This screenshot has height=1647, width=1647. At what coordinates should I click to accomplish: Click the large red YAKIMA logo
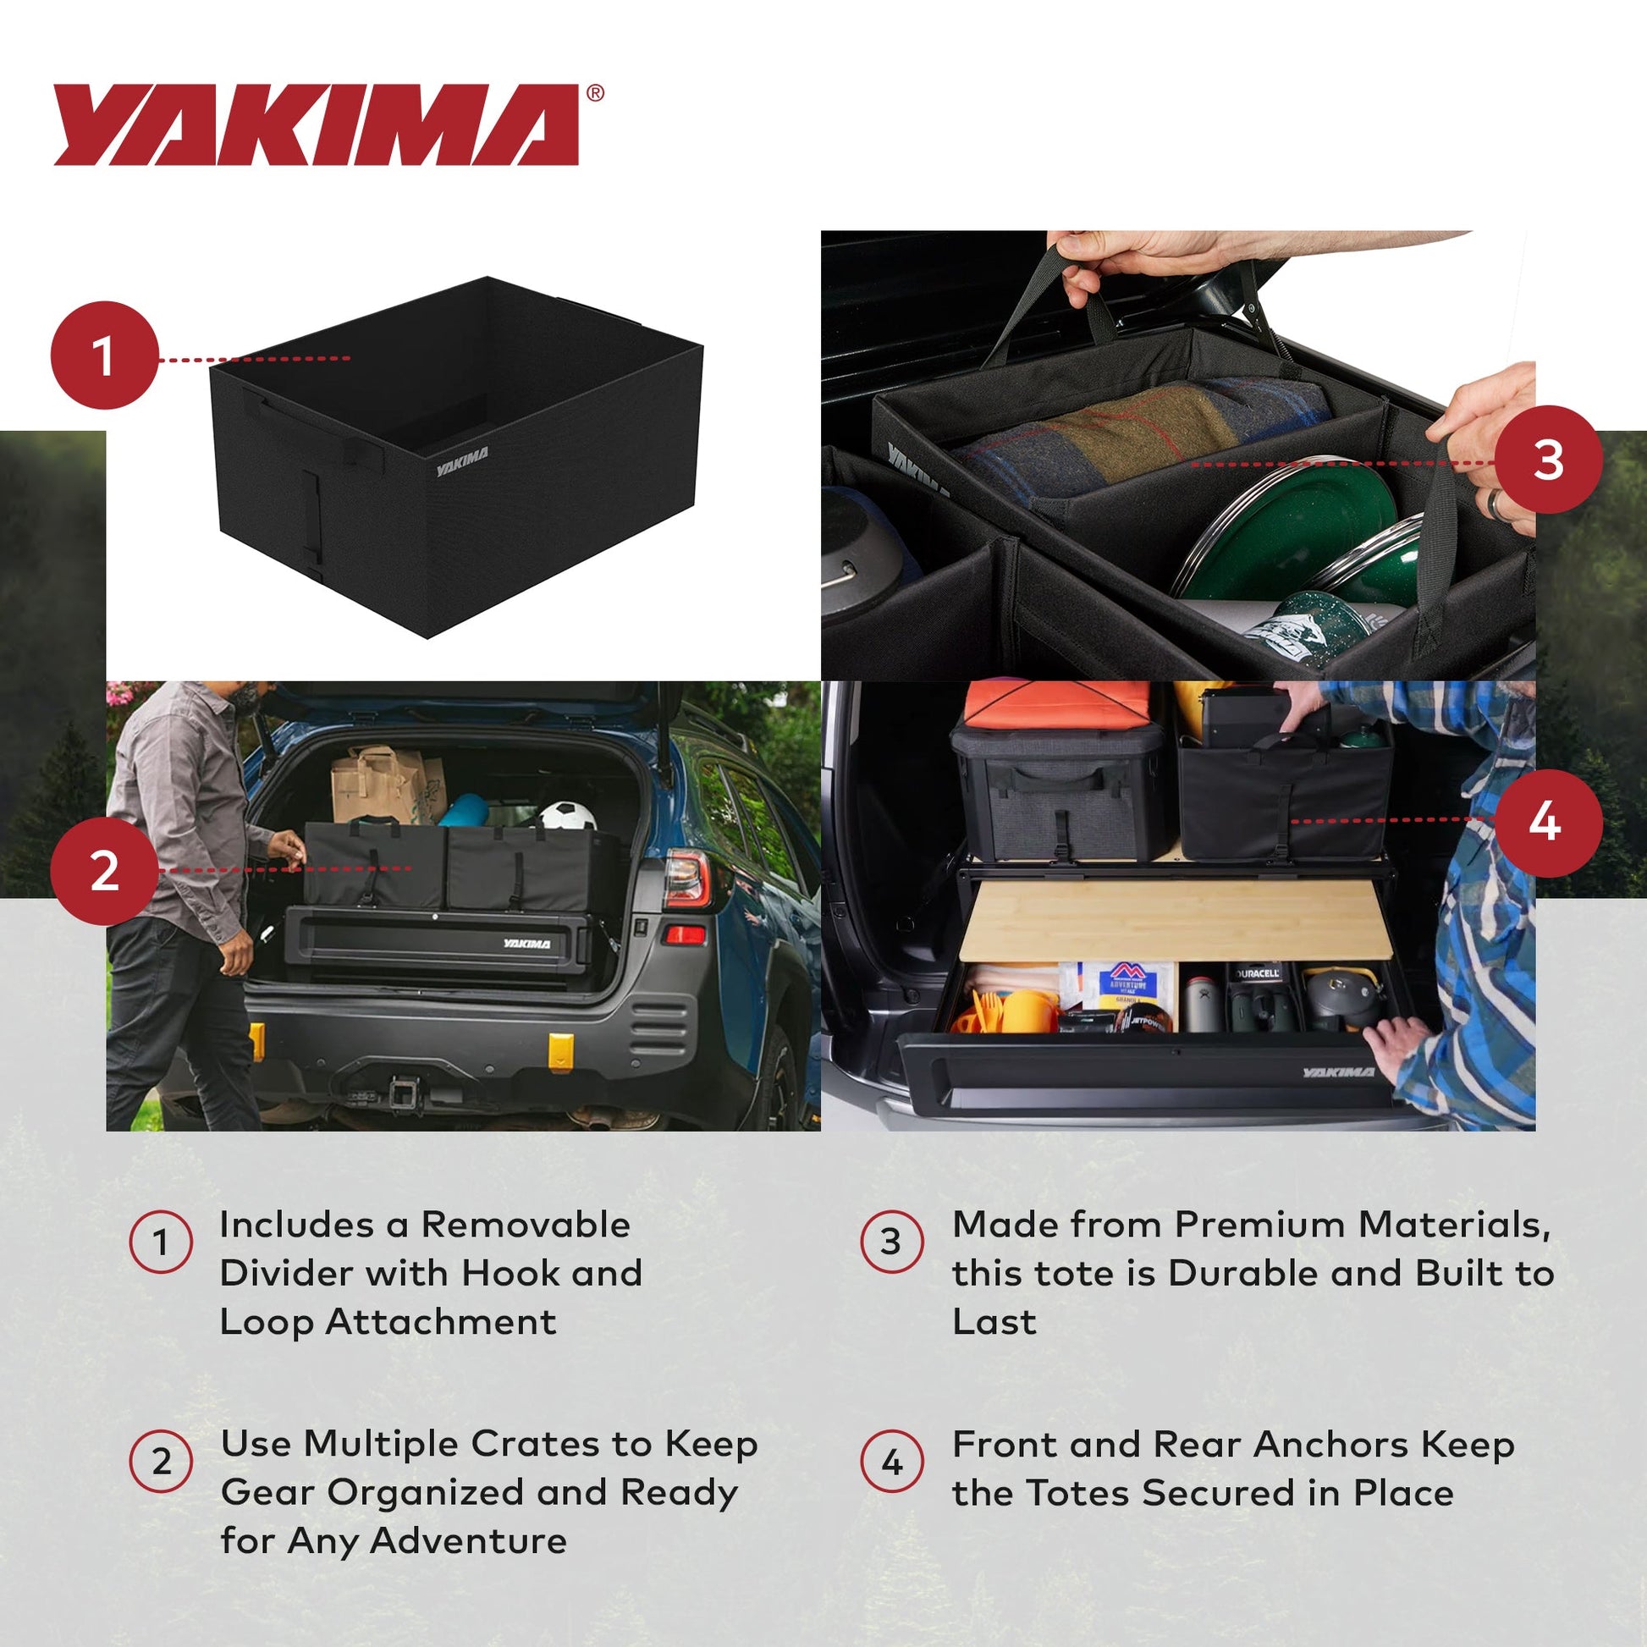[x=317, y=124]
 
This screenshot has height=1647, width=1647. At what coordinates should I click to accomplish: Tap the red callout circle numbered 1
[x=105, y=355]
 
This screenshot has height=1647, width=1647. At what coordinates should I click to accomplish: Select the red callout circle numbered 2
[x=105, y=870]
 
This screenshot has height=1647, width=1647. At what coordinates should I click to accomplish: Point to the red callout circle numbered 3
[x=1547, y=460]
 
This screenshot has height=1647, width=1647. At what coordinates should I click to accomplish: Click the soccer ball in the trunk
[x=568, y=816]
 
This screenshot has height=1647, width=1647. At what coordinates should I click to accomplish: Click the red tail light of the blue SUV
[x=687, y=877]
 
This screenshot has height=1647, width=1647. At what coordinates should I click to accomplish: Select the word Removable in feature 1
[x=525, y=1225]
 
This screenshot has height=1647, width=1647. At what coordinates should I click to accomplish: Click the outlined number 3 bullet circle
[x=891, y=1242]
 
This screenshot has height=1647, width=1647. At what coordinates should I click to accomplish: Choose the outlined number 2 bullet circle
[x=161, y=1461]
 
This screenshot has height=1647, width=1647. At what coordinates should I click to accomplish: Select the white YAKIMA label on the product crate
[x=462, y=461]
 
